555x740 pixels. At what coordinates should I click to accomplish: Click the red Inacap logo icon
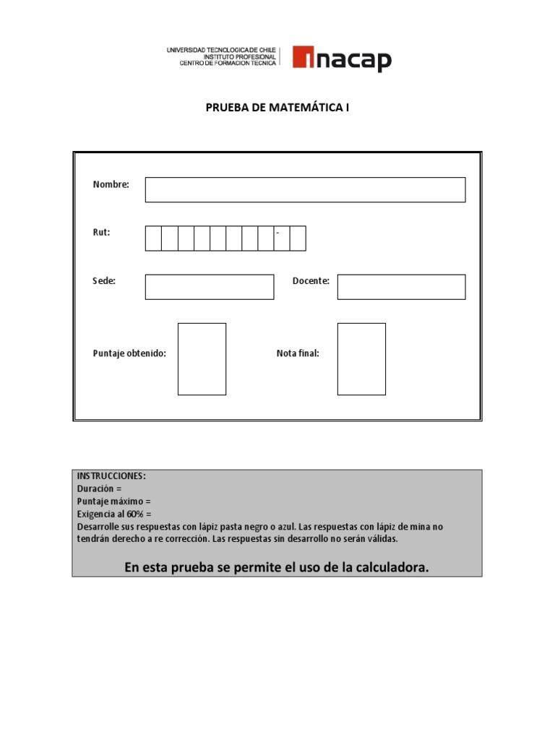click(303, 58)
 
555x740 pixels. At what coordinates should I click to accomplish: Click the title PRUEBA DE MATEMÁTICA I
click(277, 108)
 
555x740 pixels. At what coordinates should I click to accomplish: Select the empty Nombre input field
click(305, 189)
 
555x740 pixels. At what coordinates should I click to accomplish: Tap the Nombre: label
click(111, 184)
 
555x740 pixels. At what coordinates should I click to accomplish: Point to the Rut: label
click(101, 233)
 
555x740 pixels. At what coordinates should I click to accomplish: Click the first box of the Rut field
click(153, 238)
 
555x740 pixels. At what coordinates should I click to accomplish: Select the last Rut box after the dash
click(298, 238)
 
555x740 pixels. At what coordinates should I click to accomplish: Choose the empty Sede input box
click(210, 286)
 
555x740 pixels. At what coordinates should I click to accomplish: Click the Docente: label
click(311, 281)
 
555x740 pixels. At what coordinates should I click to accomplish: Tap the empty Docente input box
click(401, 286)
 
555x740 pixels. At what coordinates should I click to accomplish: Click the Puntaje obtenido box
click(202, 358)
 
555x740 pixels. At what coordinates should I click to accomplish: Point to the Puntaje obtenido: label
click(129, 353)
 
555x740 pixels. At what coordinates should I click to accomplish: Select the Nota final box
click(361, 358)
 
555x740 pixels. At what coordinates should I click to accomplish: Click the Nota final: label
click(298, 353)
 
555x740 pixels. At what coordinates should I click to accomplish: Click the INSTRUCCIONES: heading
click(111, 476)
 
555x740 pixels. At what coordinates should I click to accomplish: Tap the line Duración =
click(99, 489)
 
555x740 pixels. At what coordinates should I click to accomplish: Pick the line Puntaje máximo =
click(114, 501)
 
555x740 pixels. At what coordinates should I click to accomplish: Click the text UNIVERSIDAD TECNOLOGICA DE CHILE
click(221, 50)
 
